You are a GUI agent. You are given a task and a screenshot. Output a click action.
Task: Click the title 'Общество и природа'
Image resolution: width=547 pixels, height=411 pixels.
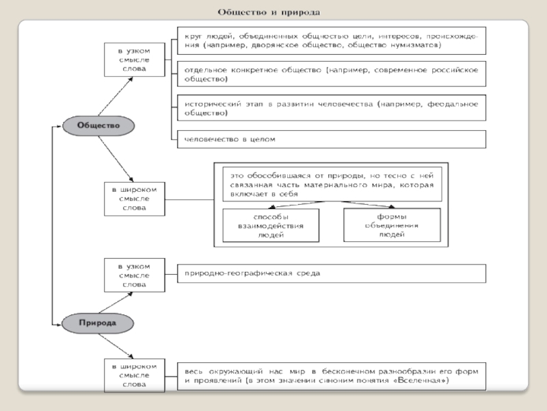click(x=269, y=12)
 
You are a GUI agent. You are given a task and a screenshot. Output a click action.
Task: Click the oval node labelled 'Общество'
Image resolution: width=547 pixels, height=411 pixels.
click(x=98, y=125)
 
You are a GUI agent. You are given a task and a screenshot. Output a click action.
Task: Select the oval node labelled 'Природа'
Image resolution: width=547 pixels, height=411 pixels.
click(x=96, y=321)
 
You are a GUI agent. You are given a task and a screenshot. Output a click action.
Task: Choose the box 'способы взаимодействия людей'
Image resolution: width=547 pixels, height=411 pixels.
click(x=271, y=225)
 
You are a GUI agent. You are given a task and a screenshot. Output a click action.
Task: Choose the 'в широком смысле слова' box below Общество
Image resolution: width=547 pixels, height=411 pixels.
click(x=134, y=199)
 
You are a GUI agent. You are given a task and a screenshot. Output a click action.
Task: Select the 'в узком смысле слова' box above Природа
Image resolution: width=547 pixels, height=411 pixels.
click(x=134, y=275)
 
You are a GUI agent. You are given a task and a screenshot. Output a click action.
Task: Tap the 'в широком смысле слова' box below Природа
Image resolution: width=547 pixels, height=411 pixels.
click(x=134, y=375)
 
